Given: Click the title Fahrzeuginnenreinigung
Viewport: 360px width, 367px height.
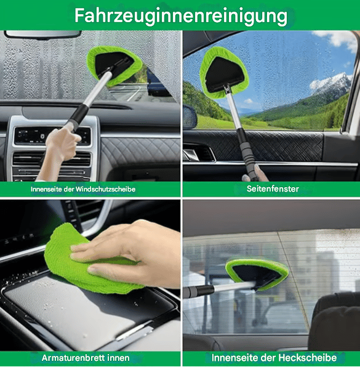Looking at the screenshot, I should tap(180, 15).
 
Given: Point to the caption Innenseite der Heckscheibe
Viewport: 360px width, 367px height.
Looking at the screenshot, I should tap(274, 357).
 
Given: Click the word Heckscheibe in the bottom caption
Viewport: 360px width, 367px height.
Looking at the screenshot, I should tap(308, 357).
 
